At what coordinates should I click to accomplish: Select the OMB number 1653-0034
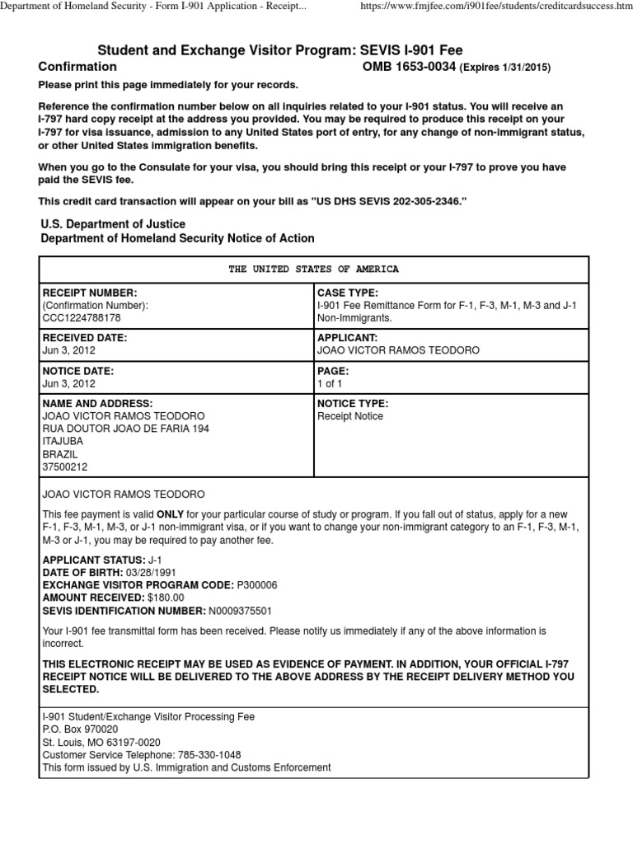tap(410, 67)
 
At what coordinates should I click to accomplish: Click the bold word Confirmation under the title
tap(77, 67)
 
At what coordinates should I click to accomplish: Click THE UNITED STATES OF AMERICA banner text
tap(314, 270)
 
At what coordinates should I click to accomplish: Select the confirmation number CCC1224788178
tap(81, 317)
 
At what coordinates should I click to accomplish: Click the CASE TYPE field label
tap(347, 293)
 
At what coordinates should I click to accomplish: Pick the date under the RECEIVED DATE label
tap(68, 350)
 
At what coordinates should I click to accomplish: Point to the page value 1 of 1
tap(330, 384)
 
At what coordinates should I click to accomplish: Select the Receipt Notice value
tap(349, 417)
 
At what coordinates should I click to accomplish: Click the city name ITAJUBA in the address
tap(63, 441)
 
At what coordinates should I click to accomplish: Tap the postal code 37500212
tap(63, 467)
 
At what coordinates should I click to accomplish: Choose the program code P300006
tap(257, 585)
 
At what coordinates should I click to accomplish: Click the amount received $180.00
tap(166, 598)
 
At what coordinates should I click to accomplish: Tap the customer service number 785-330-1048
tap(212, 755)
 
